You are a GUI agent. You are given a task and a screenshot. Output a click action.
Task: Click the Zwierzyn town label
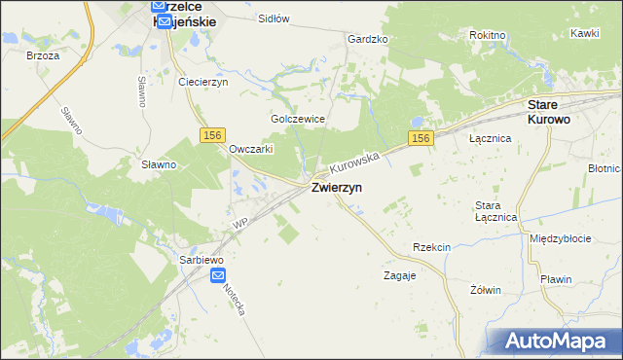click(x=338, y=189)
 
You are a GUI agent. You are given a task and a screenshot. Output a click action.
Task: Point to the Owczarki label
click(x=250, y=149)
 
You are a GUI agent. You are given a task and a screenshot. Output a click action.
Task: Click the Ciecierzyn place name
click(x=202, y=82)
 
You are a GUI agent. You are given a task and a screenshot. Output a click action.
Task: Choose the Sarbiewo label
click(x=202, y=260)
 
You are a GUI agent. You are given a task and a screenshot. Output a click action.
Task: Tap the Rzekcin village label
click(x=431, y=247)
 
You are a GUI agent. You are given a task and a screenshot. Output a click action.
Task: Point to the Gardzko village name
click(x=368, y=39)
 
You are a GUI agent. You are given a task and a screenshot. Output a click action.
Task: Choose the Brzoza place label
click(x=44, y=55)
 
